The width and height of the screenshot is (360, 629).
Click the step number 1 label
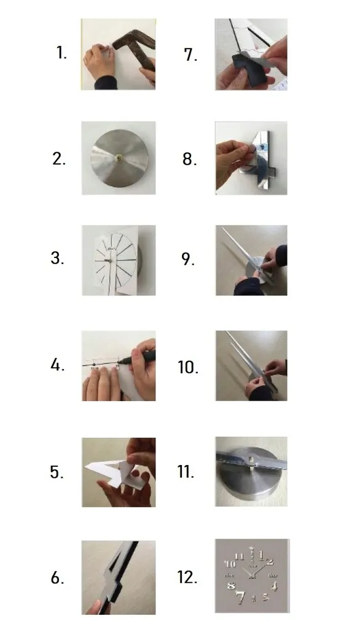tap(61, 53)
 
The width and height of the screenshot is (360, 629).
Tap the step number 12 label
tap(187, 577)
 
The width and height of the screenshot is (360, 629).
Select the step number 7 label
tap(190, 55)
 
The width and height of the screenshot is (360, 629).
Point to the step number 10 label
tap(188, 367)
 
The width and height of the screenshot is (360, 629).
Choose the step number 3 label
tap(57, 257)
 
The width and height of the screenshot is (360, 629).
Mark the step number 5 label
tap(57, 472)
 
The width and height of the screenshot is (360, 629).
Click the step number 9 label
tap(188, 259)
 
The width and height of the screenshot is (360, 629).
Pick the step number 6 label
tap(57, 577)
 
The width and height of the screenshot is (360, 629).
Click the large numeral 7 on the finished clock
tap(240, 597)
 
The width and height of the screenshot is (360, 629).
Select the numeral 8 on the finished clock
tap(231, 585)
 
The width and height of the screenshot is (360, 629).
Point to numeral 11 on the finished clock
tap(239, 557)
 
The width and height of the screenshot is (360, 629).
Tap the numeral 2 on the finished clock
tap(269, 561)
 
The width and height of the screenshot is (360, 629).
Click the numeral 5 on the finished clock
tap(265, 597)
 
